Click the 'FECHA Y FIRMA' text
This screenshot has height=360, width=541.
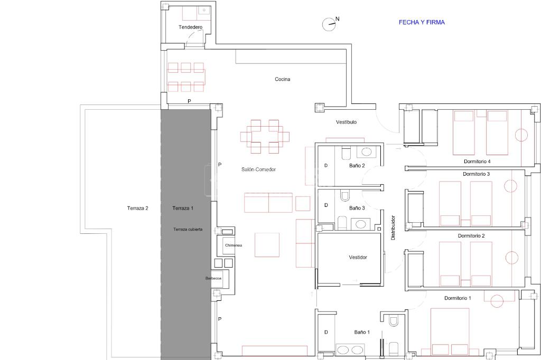tap(422, 22)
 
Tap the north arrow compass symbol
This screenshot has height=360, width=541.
tap(330, 24)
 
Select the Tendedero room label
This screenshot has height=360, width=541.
tap(190, 27)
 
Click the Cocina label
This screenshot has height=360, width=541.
tap(282, 79)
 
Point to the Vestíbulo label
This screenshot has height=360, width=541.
tap(346, 122)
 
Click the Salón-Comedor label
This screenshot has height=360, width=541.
tap(258, 169)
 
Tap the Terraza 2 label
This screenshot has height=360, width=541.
tap(138, 209)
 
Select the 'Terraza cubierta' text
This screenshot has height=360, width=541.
tap(188, 229)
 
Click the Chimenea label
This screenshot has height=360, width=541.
tap(233, 245)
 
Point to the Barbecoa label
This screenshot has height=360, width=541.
tap(213, 278)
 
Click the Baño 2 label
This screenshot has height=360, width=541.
tap(357, 166)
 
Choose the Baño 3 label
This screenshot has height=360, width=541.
tap(357, 209)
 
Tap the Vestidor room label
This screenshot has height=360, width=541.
tap(358, 257)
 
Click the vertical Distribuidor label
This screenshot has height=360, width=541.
tap(393, 228)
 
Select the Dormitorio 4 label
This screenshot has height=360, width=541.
tap(477, 162)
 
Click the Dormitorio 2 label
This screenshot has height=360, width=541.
tap(471, 236)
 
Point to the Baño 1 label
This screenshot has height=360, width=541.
tap(361, 332)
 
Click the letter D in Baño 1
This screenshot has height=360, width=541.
tap(326, 333)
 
